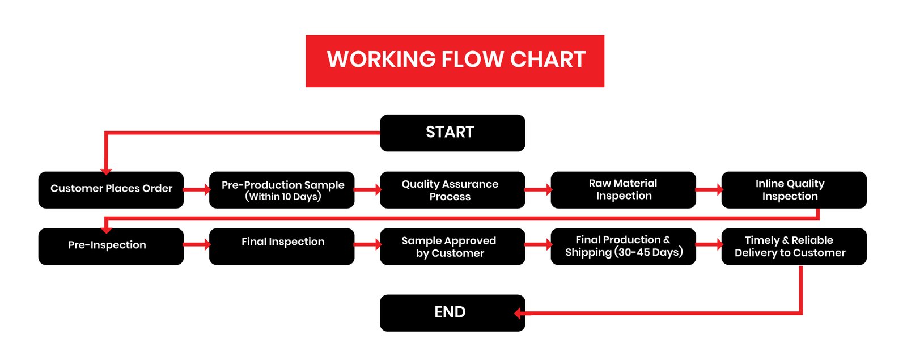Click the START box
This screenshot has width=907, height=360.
pos(452,133)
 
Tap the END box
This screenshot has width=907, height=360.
pos(452,312)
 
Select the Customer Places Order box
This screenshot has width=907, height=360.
pos(111,190)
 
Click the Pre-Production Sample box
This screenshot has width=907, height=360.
pos(282,190)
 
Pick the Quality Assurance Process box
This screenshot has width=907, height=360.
pos(452,190)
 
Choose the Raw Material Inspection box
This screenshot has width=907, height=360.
pos(623,190)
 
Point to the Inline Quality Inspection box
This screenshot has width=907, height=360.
pos(794,190)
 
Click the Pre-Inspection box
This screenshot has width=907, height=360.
pos(111,247)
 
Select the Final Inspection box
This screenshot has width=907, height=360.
pos(282,247)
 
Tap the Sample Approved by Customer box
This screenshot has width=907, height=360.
pos(452,247)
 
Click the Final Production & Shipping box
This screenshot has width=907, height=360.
pos(623,247)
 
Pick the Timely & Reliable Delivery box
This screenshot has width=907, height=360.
pos(794,247)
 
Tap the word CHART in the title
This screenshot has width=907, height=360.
pos(548,60)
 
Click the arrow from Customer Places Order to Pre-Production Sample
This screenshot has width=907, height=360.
pos(197,189)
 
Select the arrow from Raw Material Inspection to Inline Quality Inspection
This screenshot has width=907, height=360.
pos(709,189)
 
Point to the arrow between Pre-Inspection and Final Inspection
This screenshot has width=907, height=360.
pos(197,244)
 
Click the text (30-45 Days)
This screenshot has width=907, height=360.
pos(649,252)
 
